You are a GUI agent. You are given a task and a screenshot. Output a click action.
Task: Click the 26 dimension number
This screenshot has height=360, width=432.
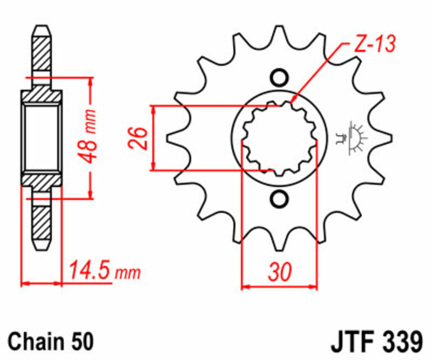[x=138, y=138]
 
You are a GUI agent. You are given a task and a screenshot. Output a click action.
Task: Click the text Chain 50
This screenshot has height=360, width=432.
[x=51, y=342]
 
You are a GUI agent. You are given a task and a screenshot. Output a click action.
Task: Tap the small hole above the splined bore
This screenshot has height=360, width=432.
[x=279, y=77]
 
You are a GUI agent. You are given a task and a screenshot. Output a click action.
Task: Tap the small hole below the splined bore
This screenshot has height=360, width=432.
[x=279, y=199]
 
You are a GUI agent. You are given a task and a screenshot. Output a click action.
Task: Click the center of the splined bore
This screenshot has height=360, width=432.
[x=279, y=138]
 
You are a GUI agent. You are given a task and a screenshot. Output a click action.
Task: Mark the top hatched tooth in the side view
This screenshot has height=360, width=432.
[x=42, y=54]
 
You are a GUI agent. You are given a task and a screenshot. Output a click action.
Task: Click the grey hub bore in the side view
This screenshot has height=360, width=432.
[x=42, y=137]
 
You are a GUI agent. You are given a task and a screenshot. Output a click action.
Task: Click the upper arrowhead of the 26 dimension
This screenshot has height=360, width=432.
[x=156, y=110]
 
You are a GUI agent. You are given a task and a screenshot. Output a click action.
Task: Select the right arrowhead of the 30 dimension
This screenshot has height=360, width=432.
[x=313, y=285]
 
